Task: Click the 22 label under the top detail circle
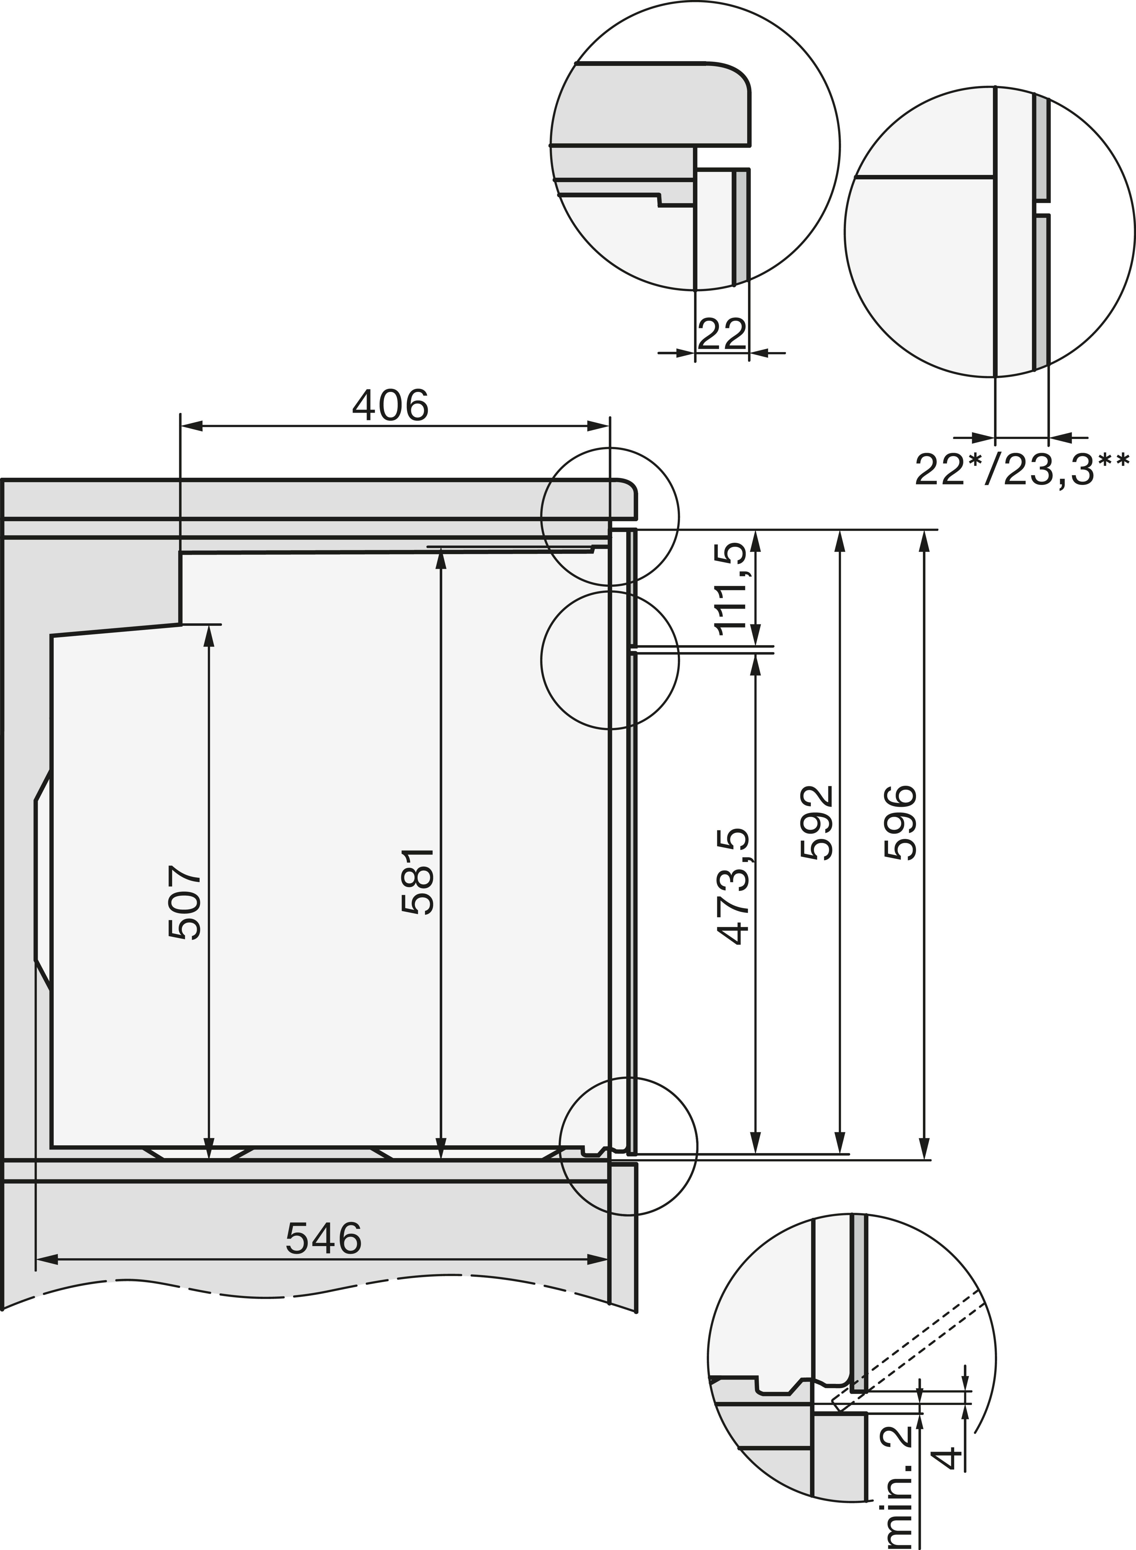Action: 721,334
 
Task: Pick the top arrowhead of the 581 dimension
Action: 441,560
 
